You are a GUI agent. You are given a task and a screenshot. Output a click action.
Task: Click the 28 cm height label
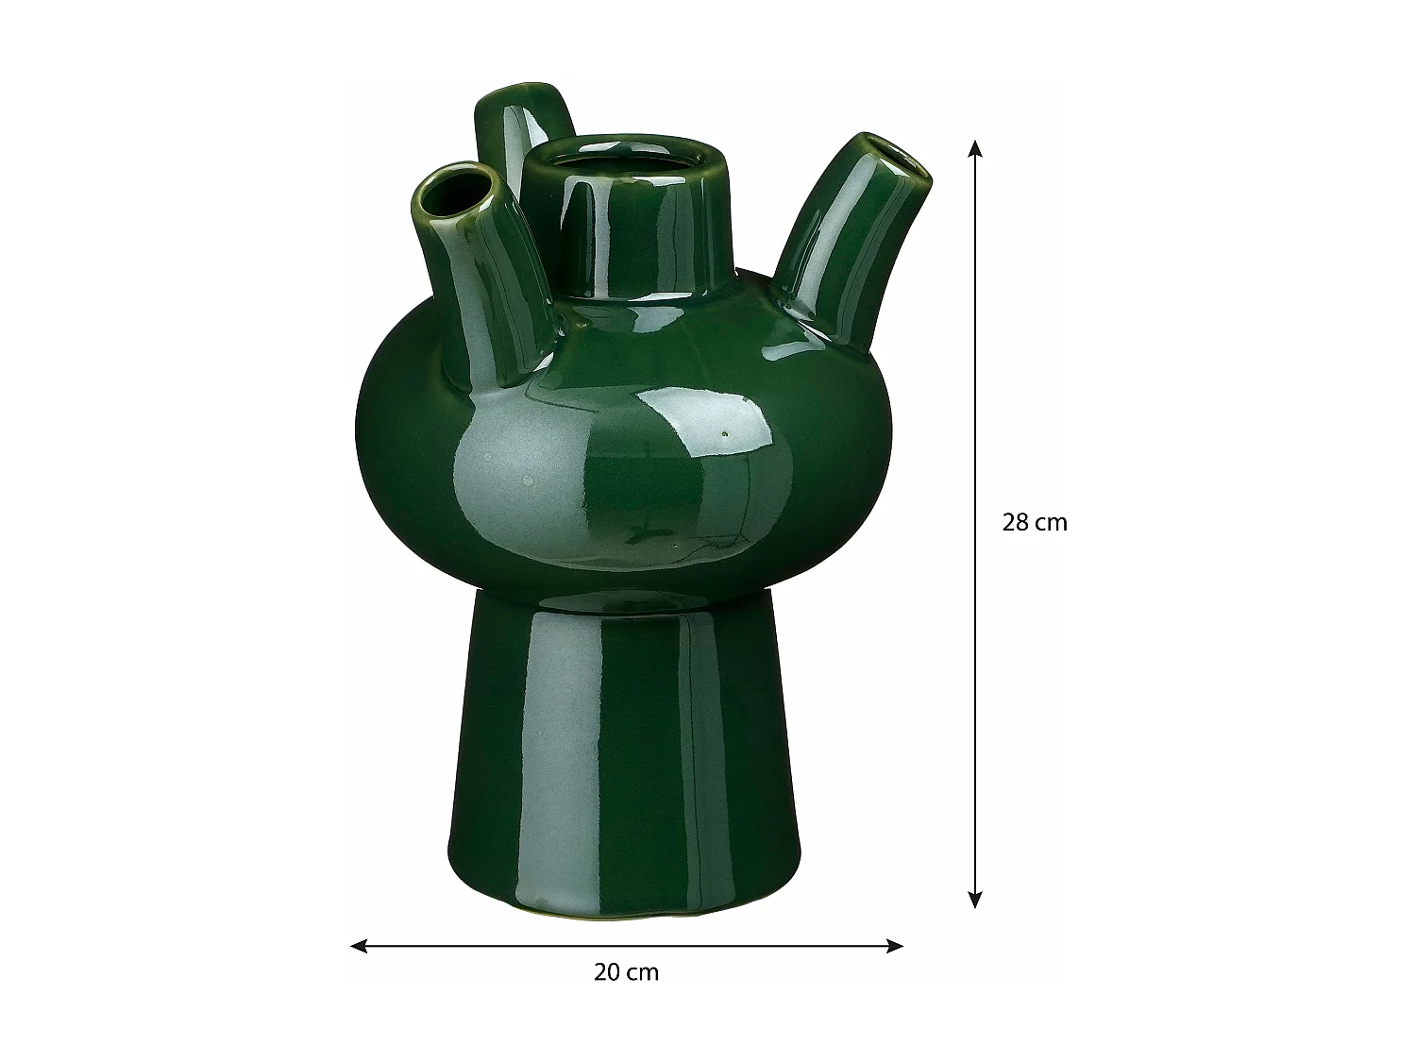[x=1035, y=522]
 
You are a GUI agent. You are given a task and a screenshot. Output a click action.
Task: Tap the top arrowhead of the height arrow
[x=975, y=149]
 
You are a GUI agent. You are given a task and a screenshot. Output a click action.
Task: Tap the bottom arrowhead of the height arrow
[x=975, y=900]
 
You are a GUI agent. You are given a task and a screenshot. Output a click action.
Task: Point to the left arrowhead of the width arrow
[x=359, y=946]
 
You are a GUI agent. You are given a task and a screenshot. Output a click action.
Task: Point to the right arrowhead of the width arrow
[x=894, y=946]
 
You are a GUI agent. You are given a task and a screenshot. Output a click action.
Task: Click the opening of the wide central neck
[x=625, y=162]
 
